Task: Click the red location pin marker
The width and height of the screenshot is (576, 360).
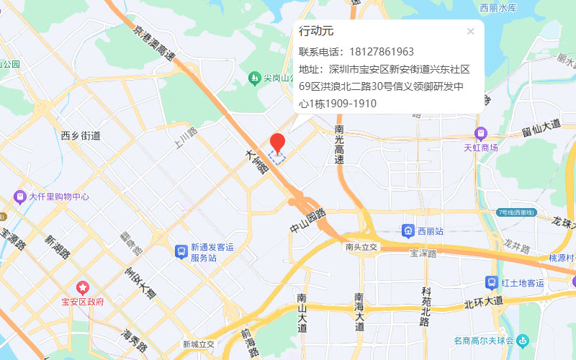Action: coord(278,142)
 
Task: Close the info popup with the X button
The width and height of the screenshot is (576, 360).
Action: coord(470,31)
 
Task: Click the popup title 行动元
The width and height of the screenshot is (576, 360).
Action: coord(316,32)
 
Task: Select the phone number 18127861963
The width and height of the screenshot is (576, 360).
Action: coord(381,52)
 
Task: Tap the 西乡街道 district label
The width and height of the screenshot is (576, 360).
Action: coord(81,135)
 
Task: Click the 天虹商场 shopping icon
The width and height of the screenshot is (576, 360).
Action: coord(480,133)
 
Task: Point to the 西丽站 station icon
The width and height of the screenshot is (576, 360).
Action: coord(408,231)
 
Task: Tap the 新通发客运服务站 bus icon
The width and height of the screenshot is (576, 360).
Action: coord(181,251)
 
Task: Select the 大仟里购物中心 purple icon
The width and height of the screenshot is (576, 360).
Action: coord(21,196)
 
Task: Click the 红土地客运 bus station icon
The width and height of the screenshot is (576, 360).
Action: coord(492,282)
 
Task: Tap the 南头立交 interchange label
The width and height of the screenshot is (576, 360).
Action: coord(361,247)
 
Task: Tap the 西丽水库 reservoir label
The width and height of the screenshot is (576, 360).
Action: coord(498,8)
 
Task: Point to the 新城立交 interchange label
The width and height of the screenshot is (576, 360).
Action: coord(198,344)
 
